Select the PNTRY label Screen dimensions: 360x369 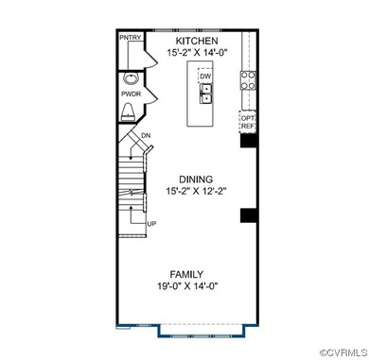click(x=130, y=37)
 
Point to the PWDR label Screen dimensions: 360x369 click(x=131, y=94)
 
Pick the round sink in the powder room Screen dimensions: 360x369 click(x=131, y=78)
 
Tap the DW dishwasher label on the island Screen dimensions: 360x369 click(x=205, y=77)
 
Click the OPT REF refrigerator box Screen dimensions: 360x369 click(x=249, y=121)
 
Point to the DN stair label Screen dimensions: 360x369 click(x=146, y=136)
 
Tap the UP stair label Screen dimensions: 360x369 click(x=150, y=223)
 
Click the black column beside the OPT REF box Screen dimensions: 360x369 click(x=249, y=143)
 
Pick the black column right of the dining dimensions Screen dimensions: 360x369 click(x=248, y=215)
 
